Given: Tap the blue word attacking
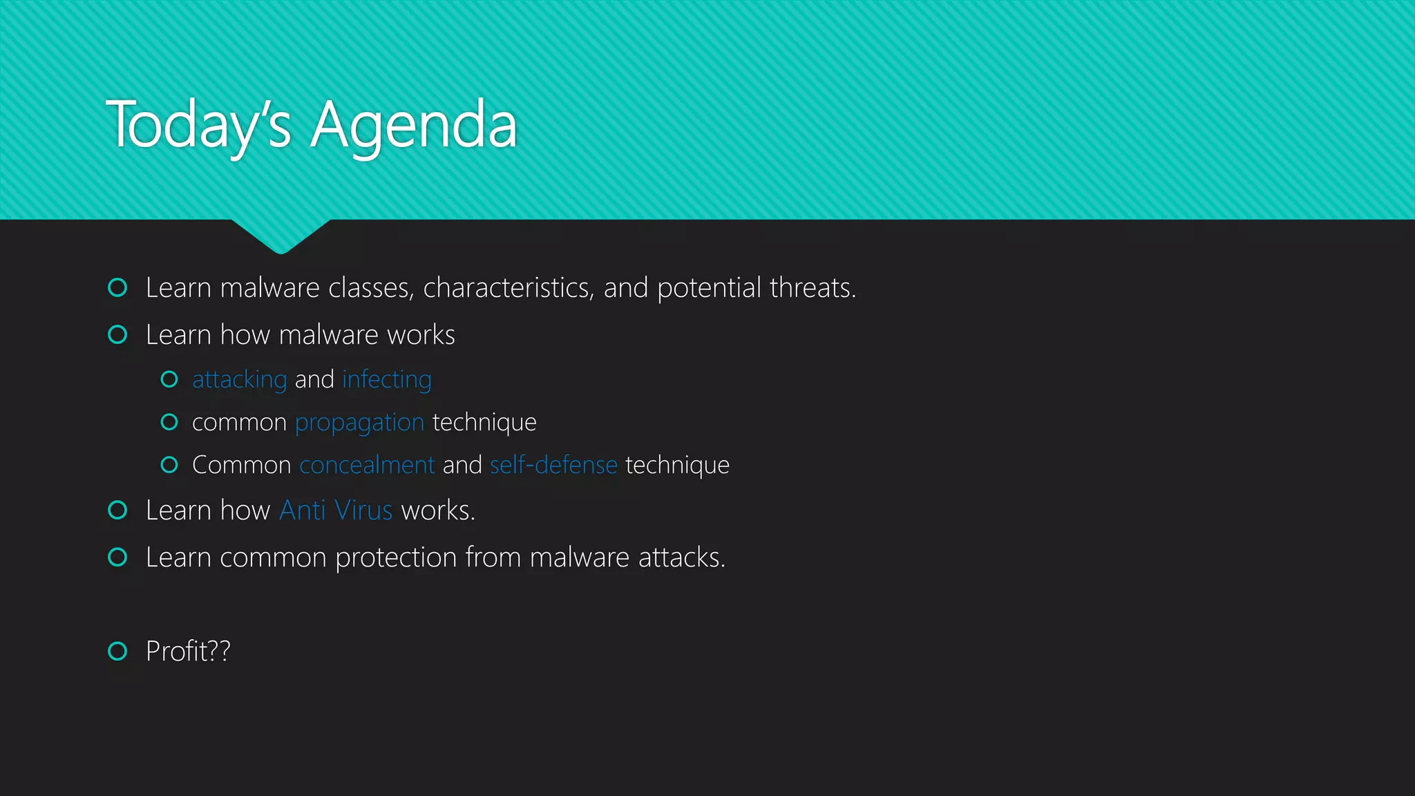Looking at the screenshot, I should pyautogui.click(x=239, y=380).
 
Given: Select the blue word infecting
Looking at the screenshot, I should pyautogui.click(x=386, y=380).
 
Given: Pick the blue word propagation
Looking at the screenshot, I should pyautogui.click(x=359, y=423).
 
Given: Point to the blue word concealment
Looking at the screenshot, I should pyautogui.click(x=367, y=465).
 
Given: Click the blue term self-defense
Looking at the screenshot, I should pyautogui.click(x=553, y=465).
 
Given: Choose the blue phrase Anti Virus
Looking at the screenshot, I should pyautogui.click(x=336, y=511).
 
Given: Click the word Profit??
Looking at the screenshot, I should pyautogui.click(x=188, y=651).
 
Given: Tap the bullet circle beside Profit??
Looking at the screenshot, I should pyautogui.click(x=118, y=651).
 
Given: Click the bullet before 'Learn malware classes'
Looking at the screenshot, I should pyautogui.click(x=118, y=287).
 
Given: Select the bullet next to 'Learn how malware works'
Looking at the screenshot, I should pyautogui.click(x=118, y=335).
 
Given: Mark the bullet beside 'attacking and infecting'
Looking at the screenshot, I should pyautogui.click(x=169, y=379).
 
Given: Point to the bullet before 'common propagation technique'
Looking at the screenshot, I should pyautogui.click(x=169, y=422).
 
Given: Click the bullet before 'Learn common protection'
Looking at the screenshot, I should pyautogui.click(x=118, y=557).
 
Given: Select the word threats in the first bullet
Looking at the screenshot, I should pyautogui.click(x=813, y=288).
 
